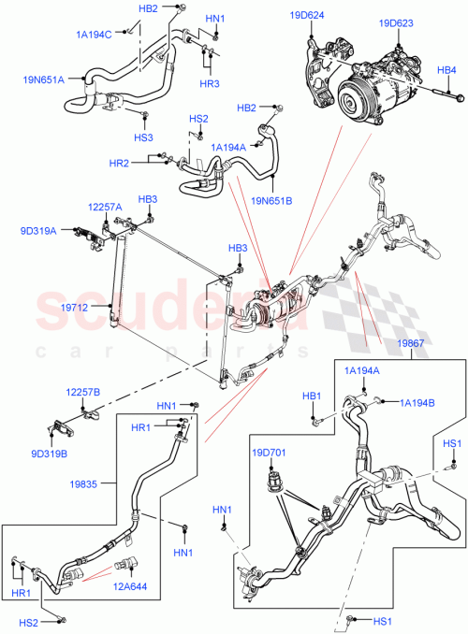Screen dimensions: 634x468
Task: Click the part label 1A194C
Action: (x=94, y=35)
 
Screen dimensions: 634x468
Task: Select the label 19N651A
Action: (x=44, y=79)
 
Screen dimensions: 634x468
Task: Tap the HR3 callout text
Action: (x=209, y=84)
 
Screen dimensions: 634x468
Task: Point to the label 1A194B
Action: (x=417, y=402)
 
